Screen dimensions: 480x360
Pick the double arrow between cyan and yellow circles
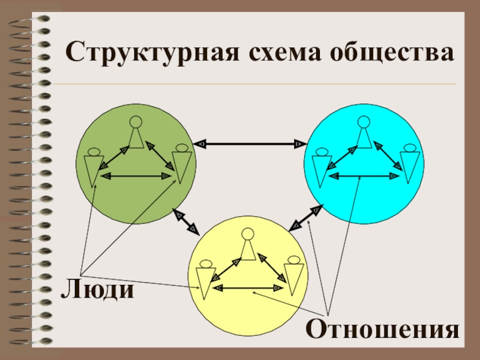pyautogui.click(x=305, y=218)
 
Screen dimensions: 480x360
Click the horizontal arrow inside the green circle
pyautogui.click(x=136, y=176)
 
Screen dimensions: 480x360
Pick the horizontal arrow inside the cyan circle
pyautogui.click(x=364, y=176)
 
